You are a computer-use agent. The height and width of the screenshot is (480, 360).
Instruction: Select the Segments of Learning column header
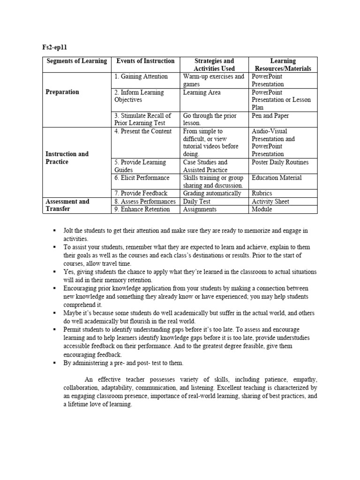[76, 61]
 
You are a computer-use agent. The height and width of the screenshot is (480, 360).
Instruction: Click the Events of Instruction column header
[145, 61]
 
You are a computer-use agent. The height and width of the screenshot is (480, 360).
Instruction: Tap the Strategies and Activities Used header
[214, 65]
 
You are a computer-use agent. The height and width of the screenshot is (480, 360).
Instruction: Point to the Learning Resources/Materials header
[283, 65]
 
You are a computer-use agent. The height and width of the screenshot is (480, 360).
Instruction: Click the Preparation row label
[62, 92]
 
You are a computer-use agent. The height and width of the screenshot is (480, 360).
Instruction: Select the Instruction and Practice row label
[67, 157]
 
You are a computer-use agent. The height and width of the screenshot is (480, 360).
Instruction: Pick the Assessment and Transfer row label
[67, 205]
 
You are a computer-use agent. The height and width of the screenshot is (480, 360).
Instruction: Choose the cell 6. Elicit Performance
[142, 178]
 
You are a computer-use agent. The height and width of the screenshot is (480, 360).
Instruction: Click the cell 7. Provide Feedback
[141, 193]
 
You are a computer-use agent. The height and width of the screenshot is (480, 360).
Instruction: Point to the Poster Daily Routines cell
[280, 162]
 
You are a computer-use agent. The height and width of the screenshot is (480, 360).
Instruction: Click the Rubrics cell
[262, 193]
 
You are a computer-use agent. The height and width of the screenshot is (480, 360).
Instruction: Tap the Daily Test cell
[197, 202]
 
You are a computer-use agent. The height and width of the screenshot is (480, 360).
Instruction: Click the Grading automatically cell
[212, 193]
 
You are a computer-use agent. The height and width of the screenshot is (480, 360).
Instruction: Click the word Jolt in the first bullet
[70, 231]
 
